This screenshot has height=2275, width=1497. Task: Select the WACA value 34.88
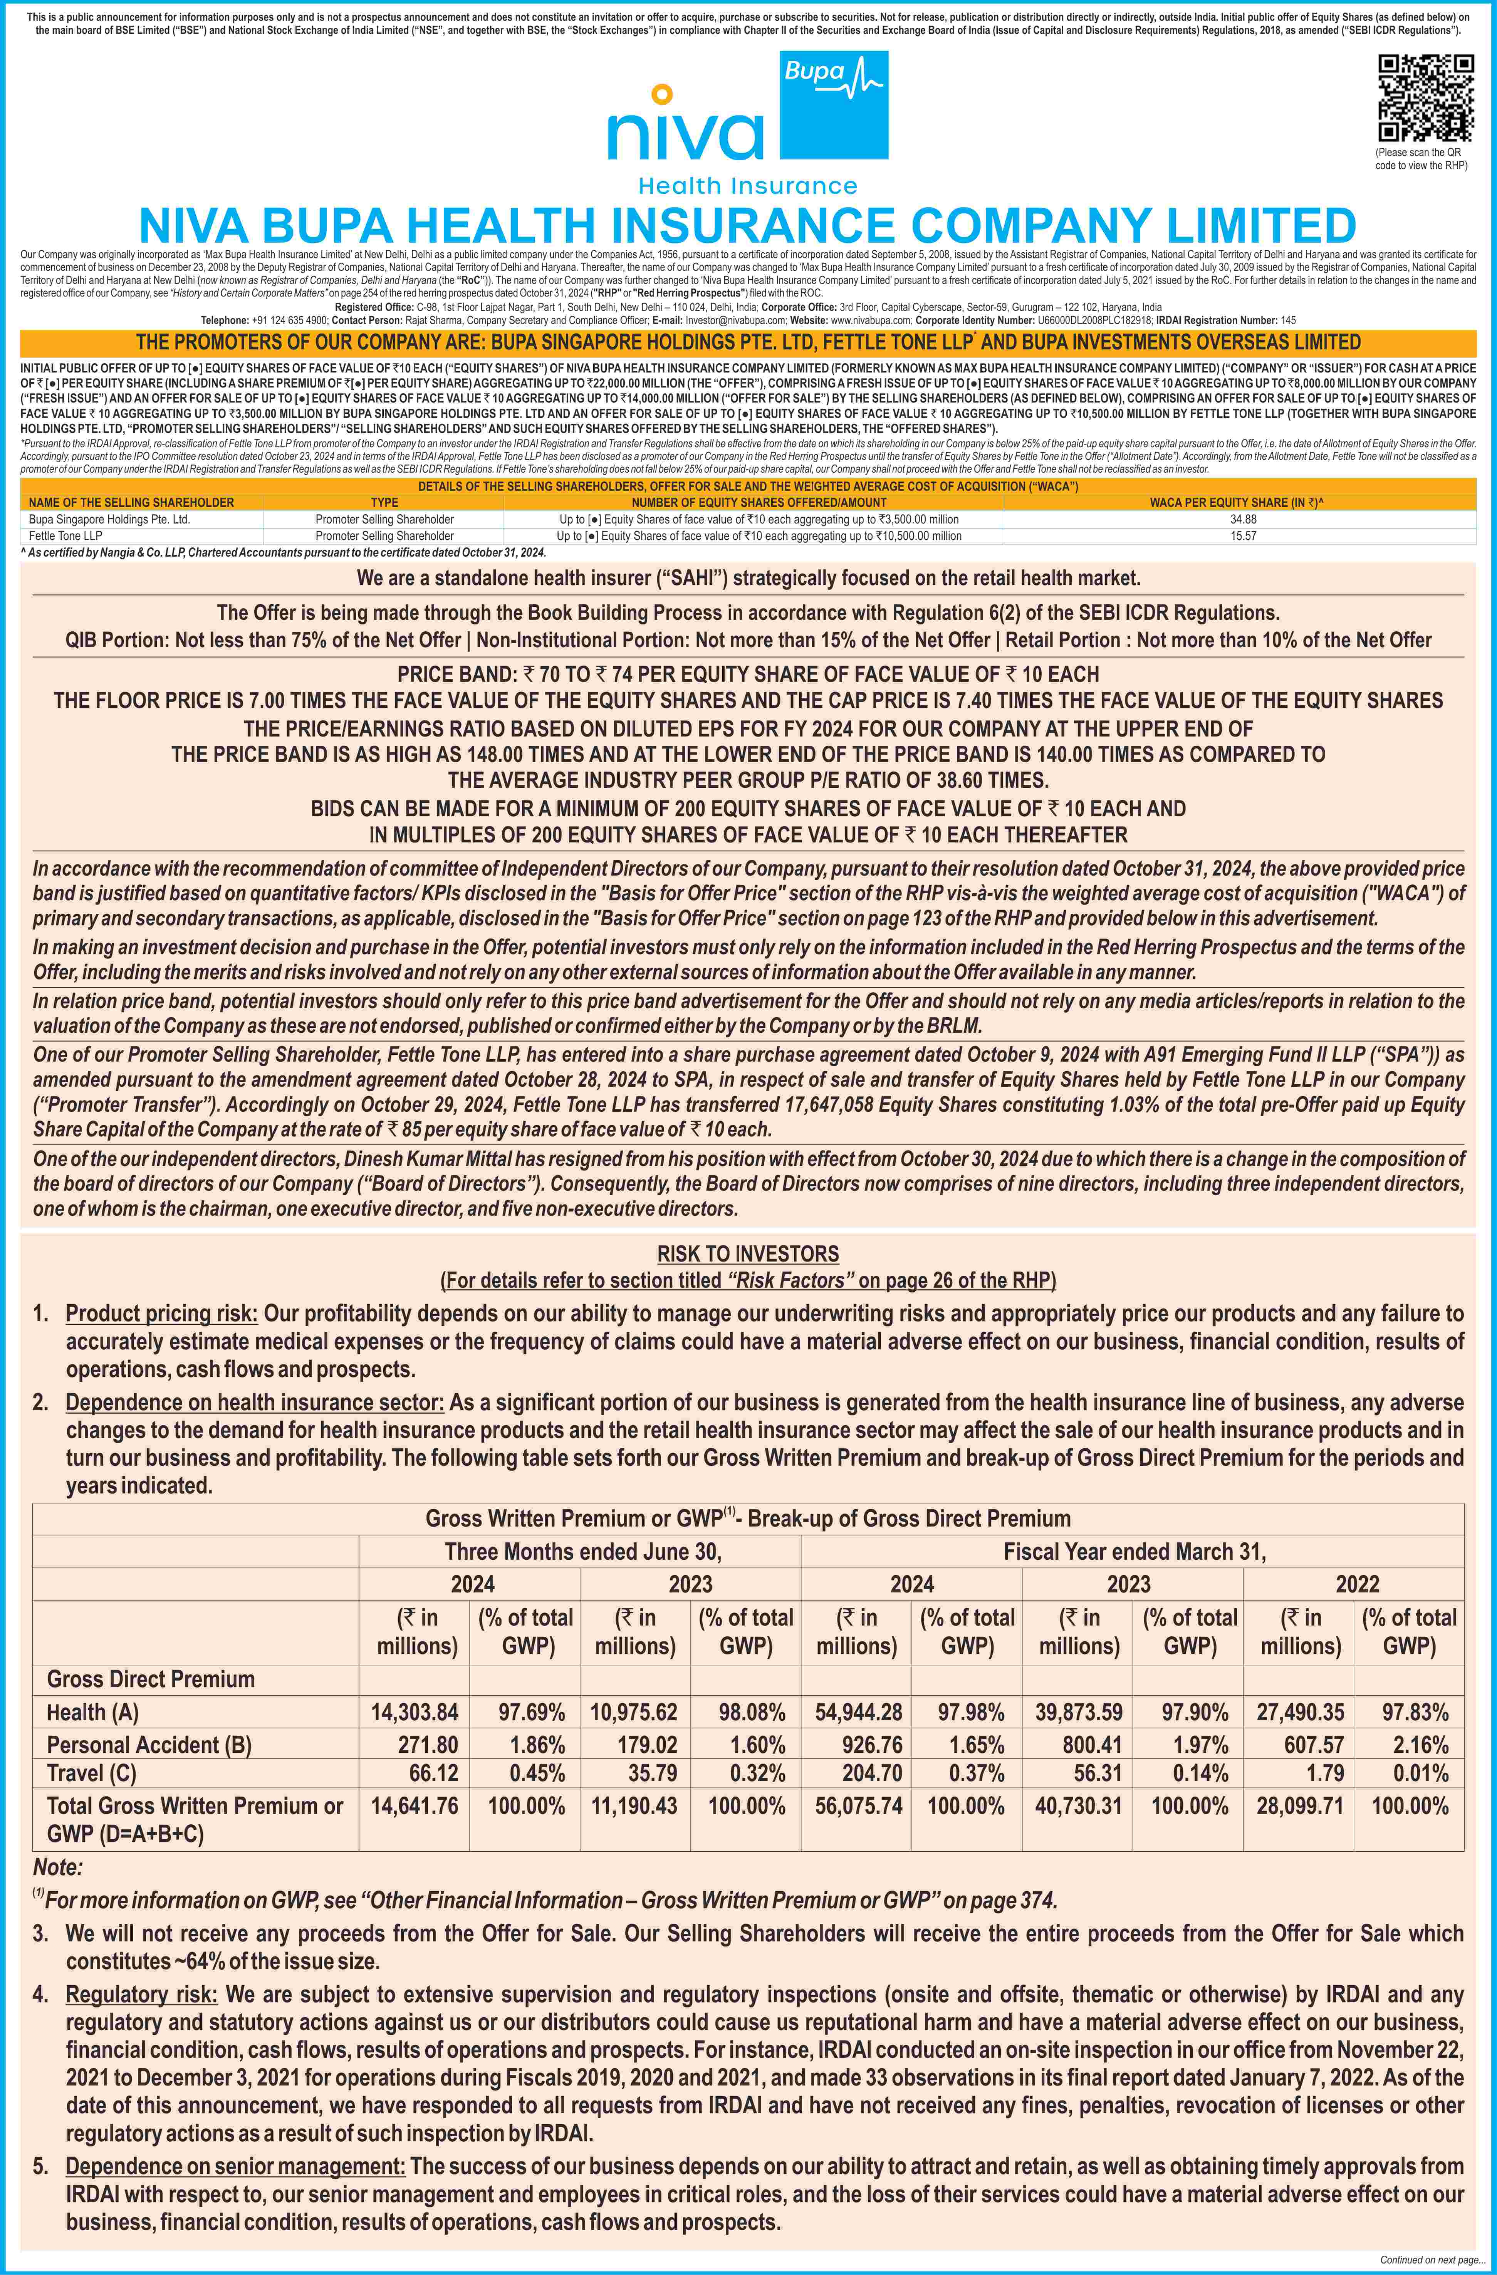coord(1243,519)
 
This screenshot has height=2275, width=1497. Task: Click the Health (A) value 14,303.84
coord(414,1712)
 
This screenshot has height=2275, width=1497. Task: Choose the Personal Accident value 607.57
coord(1311,1745)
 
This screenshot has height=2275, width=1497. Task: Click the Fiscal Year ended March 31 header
coord(1134,1551)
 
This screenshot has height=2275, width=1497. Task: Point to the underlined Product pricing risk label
coord(161,1314)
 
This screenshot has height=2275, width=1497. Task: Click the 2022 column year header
coord(1356,1584)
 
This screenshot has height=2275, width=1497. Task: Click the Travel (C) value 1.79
coord(1325,1773)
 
